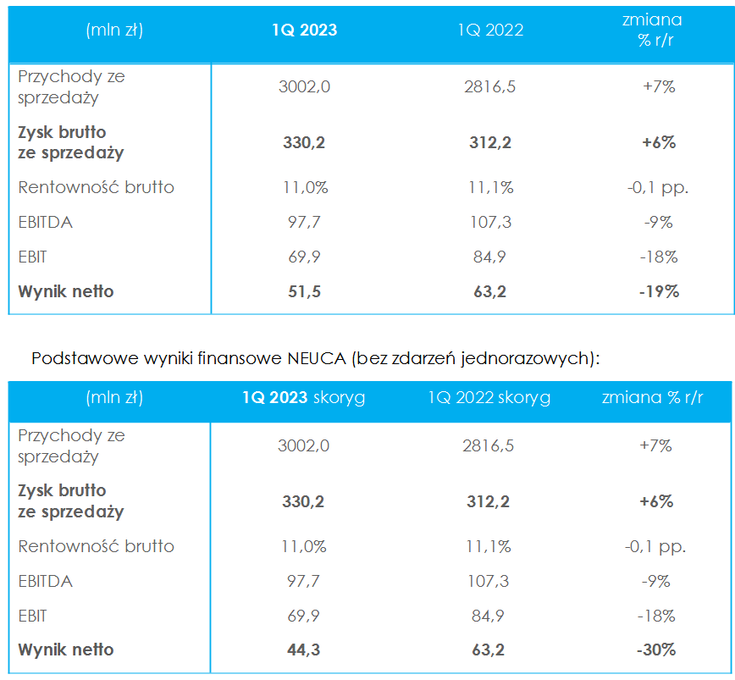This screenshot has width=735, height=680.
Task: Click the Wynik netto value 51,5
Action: coord(304,292)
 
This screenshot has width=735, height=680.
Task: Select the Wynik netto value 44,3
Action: coord(303,650)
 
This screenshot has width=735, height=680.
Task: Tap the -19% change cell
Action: coord(659,292)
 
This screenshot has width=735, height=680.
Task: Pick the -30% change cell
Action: coord(656,650)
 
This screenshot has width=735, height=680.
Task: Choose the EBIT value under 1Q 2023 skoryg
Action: coord(303,616)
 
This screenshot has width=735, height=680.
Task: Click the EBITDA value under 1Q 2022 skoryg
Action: coord(490,582)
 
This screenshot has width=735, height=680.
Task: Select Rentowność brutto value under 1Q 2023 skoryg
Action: coord(303,547)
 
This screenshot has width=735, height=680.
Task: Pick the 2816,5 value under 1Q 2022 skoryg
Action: coord(490,446)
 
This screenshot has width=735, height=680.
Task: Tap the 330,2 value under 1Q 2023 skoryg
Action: coord(303,501)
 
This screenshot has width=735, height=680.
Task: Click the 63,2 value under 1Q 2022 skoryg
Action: coord(490,650)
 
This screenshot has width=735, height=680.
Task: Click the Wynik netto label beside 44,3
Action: coord(66,650)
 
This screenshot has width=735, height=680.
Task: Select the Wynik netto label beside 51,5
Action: coord(66,292)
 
